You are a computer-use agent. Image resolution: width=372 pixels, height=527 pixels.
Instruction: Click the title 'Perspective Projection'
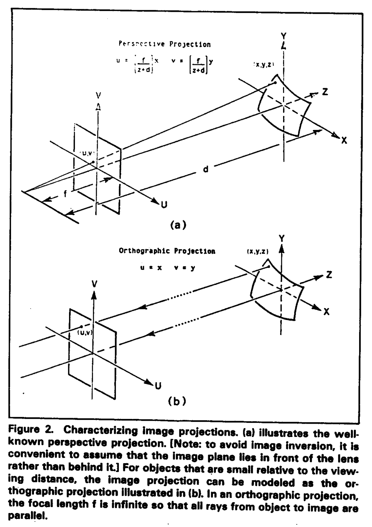(x=165, y=44)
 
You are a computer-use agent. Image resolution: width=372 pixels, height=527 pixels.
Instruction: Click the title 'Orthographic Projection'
(x=167, y=251)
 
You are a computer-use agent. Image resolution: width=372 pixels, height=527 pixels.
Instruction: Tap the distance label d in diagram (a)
(x=206, y=169)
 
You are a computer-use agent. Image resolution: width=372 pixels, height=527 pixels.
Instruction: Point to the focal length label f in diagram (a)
(x=65, y=194)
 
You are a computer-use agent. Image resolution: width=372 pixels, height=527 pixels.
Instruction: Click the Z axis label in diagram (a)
(x=324, y=92)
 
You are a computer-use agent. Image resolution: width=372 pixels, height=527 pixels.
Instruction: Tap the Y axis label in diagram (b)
(x=282, y=238)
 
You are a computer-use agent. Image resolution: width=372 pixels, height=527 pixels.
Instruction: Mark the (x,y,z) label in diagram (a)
(x=264, y=65)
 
